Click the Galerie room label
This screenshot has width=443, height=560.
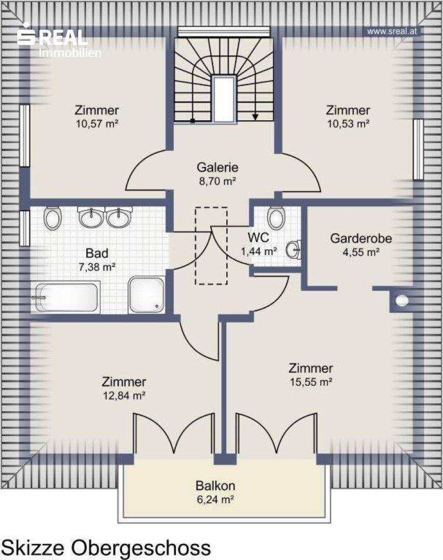click(x=217, y=167)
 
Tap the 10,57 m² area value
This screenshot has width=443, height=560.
click(x=97, y=124)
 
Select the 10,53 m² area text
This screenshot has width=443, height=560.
click(x=348, y=124)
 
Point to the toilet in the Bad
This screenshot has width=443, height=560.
click(x=53, y=218)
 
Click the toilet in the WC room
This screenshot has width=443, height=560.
click(x=276, y=217)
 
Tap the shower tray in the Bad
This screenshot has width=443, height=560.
click(x=146, y=295)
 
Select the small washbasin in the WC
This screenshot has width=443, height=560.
click(x=294, y=249)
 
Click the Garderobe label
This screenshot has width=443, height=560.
click(x=361, y=238)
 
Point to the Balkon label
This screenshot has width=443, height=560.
click(x=215, y=486)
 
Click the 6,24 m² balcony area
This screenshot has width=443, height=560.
click(x=215, y=499)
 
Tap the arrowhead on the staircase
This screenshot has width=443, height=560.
click(x=255, y=117)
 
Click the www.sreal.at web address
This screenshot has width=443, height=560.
click(x=392, y=32)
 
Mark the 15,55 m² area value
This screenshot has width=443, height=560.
click(x=311, y=382)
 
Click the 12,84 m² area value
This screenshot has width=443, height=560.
click(x=123, y=396)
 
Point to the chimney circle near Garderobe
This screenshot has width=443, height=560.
click(x=402, y=301)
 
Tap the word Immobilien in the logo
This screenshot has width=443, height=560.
click(x=70, y=53)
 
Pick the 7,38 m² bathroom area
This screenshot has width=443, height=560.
click(x=97, y=267)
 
